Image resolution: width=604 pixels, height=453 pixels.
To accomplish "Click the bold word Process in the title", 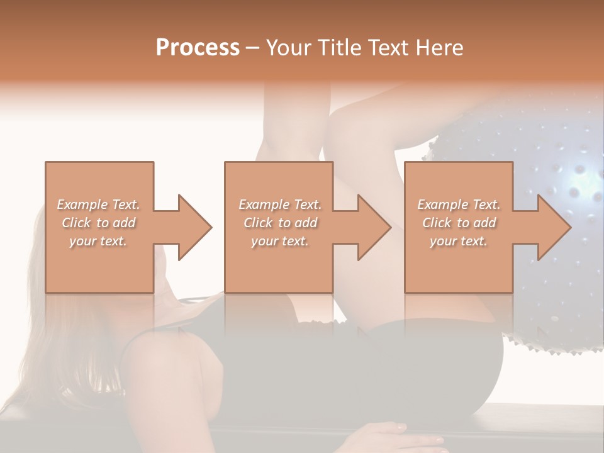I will pyautogui.click(x=198, y=47).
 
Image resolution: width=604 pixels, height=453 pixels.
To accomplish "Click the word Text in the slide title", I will pyautogui.click(x=388, y=47).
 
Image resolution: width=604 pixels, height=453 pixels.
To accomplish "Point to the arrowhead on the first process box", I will pyautogui.click(x=195, y=227).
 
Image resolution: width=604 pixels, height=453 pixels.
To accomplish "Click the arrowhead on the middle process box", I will pyautogui.click(x=374, y=227).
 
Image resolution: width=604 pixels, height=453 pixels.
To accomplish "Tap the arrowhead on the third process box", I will pyautogui.click(x=554, y=227).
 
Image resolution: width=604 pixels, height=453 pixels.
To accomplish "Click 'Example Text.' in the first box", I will pyautogui.click(x=99, y=204).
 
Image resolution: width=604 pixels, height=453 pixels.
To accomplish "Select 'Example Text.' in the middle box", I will pyautogui.click(x=280, y=204).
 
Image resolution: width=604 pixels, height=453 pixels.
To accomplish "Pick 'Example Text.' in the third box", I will pyautogui.click(x=459, y=204).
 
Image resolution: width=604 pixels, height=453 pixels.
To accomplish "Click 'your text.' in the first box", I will pyautogui.click(x=98, y=241).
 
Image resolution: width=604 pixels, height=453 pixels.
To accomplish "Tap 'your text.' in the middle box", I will pyautogui.click(x=280, y=241).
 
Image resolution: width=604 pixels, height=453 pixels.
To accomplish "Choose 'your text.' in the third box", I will pyautogui.click(x=459, y=241).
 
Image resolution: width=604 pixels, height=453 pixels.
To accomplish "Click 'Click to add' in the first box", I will pyautogui.click(x=99, y=223).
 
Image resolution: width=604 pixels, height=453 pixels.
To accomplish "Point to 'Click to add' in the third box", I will pyautogui.click(x=459, y=223).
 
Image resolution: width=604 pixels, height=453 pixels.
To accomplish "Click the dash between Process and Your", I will pyautogui.click(x=252, y=48).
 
